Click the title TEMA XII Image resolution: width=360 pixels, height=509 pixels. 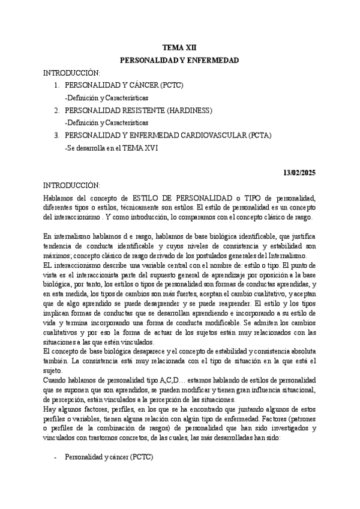(x=179, y=47)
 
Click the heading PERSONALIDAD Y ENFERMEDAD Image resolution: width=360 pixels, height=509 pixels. (x=179, y=61)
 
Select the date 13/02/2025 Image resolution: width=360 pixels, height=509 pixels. (x=299, y=173)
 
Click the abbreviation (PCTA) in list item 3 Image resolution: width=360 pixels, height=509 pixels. (x=259, y=136)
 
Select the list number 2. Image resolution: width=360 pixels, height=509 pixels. (x=56, y=110)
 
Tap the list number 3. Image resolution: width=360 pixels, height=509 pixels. (x=56, y=136)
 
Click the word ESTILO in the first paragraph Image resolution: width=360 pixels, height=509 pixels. (x=145, y=198)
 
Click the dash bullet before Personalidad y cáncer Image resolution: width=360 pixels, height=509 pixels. (x=56, y=457)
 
